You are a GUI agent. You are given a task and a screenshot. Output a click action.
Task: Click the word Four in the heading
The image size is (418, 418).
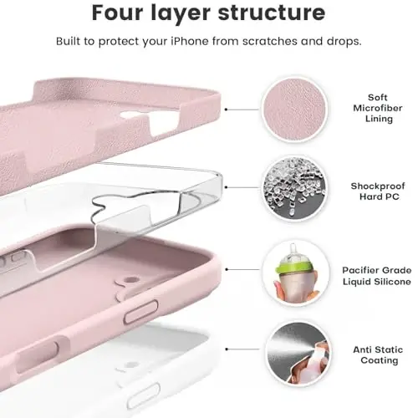(x=120, y=13)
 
